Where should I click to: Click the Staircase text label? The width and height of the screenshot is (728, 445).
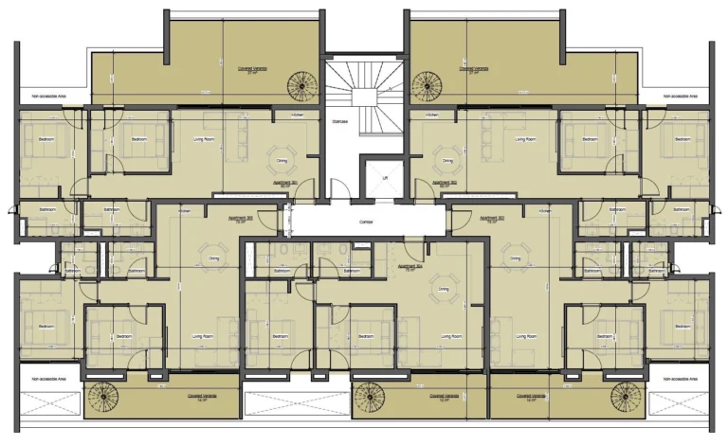pyautogui.click(x=339, y=122)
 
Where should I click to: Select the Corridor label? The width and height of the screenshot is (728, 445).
pyautogui.click(x=365, y=220)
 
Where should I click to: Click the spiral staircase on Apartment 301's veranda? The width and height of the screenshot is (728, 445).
pyautogui.click(x=304, y=84)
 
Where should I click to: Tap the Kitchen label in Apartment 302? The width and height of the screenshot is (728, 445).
pyautogui.click(x=432, y=115)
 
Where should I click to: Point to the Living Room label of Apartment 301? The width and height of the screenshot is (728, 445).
pyautogui.click(x=204, y=139)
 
